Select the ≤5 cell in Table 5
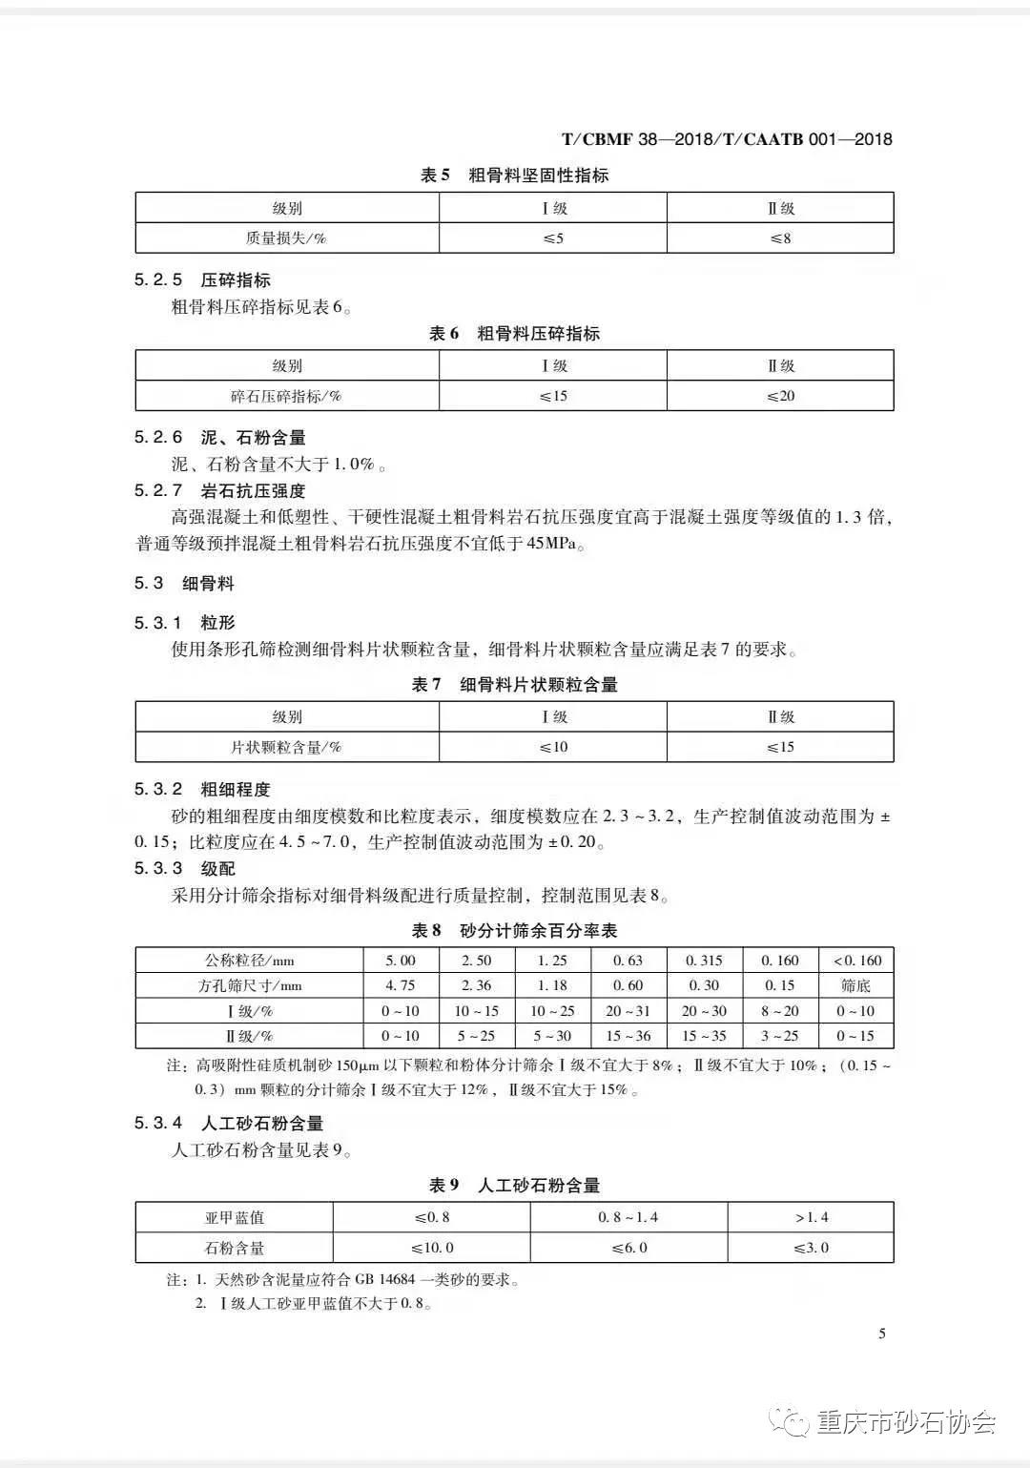553,238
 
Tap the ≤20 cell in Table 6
780,396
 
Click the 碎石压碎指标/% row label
286,396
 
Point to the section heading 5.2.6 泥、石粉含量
220,438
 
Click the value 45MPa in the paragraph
552,545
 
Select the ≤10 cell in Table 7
553,747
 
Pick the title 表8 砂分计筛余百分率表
514,930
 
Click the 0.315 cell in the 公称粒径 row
705,961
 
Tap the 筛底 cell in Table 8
855,985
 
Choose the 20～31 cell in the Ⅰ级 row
628,1011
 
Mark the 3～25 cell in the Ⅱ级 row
780,1036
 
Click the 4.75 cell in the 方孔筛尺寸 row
401,985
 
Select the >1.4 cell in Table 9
811,1217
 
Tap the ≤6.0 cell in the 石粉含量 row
628,1248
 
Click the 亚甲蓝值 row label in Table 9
235,1217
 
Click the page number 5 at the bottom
882,1334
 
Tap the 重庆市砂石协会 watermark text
906,1423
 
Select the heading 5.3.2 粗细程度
202,790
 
